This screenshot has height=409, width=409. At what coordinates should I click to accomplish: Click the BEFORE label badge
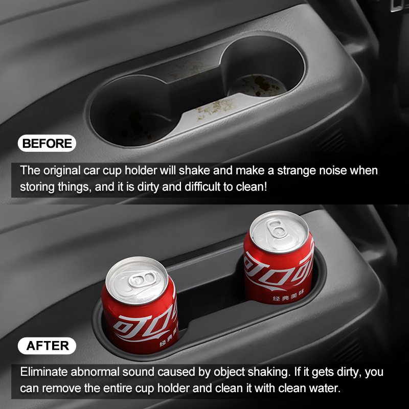tap(47, 143)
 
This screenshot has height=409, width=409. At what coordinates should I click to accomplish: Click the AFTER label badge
tap(47, 346)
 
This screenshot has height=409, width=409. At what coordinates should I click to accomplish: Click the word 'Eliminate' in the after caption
tap(44, 372)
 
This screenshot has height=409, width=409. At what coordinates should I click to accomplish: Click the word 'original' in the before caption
tap(62, 171)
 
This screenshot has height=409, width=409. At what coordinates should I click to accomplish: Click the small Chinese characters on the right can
tap(288, 296)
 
